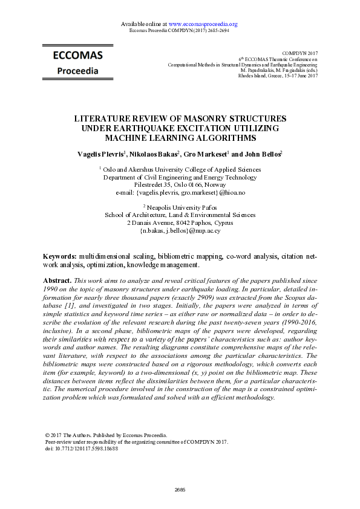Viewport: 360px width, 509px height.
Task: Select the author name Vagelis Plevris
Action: [100, 154]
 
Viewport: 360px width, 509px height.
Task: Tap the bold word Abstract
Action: [57, 281]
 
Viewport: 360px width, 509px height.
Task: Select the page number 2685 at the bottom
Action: [180, 489]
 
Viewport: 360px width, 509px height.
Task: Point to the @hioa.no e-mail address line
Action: [179, 193]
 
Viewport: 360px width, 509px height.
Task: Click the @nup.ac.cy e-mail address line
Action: [180, 230]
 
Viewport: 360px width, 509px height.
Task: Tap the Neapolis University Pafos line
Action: [180, 207]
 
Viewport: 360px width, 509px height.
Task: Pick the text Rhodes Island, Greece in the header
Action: [261, 76]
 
